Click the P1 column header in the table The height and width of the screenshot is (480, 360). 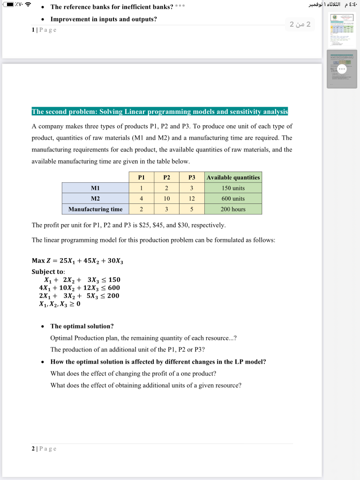(x=141, y=177)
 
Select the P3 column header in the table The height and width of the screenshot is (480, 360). (x=191, y=177)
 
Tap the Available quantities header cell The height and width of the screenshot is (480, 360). (x=233, y=177)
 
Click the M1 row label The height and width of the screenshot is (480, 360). (x=95, y=188)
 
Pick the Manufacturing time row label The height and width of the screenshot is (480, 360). (x=95, y=209)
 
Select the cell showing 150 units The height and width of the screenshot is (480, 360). (x=233, y=188)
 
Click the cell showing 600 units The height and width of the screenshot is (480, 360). (x=233, y=199)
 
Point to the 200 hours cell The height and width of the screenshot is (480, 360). (x=233, y=209)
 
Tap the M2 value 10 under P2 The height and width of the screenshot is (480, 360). (x=166, y=199)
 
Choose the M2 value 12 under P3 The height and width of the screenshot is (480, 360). (x=191, y=199)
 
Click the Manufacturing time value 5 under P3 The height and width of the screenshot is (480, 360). (x=191, y=209)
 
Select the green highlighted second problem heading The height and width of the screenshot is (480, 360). (x=159, y=112)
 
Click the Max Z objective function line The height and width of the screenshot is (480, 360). (x=77, y=261)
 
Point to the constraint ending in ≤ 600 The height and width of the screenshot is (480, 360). (x=80, y=287)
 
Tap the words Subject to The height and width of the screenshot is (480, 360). (x=48, y=271)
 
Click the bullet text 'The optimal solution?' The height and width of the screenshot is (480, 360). (x=82, y=326)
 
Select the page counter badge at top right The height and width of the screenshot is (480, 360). (x=300, y=25)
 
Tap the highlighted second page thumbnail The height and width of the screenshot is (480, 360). (x=342, y=69)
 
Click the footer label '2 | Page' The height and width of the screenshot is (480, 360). (x=44, y=449)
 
